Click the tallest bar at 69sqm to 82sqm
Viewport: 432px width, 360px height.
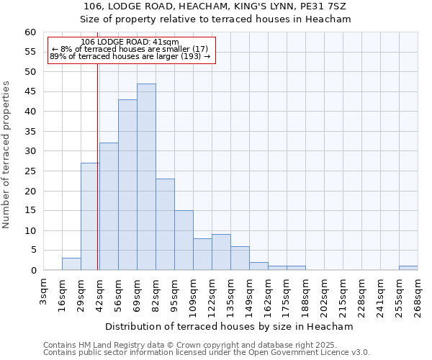(146, 177)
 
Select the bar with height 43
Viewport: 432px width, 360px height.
(127, 185)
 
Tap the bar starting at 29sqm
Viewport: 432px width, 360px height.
(90, 217)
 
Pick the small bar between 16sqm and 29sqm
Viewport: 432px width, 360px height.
(71, 264)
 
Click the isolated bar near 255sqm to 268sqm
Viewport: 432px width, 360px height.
(408, 268)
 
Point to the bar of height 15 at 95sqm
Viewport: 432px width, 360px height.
(184, 240)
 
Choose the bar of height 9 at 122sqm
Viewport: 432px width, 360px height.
(221, 252)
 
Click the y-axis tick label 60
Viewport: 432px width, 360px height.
(30, 32)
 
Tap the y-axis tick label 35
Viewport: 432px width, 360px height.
(30, 132)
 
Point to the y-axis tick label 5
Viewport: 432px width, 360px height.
(32, 251)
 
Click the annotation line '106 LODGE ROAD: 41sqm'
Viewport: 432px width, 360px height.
(130, 42)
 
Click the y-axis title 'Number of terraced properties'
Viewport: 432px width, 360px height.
(6, 155)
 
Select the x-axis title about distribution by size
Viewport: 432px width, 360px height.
(234, 326)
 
